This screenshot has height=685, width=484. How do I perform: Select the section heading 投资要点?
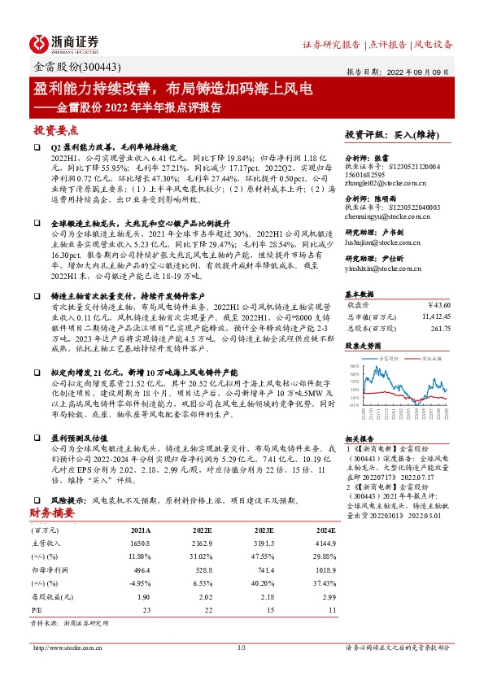[55, 130]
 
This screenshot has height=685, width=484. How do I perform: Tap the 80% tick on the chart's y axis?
[354, 366]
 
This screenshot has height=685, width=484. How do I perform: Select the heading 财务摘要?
[54, 513]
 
